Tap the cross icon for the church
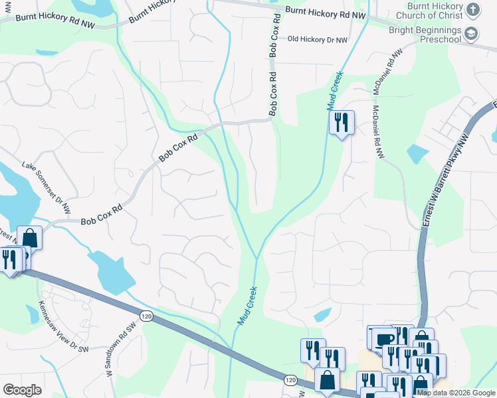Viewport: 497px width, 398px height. point(472,9)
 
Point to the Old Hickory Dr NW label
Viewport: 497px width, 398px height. point(318,40)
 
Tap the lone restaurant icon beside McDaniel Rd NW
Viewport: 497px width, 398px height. point(342,123)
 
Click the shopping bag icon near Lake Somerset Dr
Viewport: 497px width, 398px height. point(29,237)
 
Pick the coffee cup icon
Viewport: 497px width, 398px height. point(384,339)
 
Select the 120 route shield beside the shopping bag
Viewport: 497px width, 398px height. point(290,380)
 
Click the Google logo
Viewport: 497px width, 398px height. point(22,389)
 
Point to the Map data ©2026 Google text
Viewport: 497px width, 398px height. point(455,393)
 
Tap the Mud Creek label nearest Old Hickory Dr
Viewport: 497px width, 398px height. point(336,91)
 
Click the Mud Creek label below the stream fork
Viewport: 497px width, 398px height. point(247,305)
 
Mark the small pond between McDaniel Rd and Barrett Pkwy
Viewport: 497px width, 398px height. point(418,154)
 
